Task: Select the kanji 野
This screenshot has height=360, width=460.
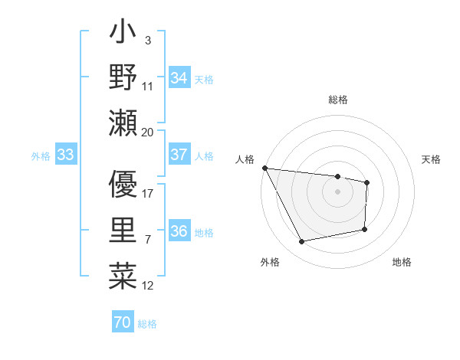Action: (x=123, y=77)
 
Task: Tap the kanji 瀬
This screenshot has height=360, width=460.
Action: (x=123, y=123)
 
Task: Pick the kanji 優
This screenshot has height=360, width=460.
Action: (x=123, y=185)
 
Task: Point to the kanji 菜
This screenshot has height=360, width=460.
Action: (x=123, y=275)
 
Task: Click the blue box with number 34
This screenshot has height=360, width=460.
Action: (x=179, y=77)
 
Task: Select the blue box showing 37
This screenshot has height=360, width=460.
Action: (x=179, y=155)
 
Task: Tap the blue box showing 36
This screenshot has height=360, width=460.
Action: (x=179, y=231)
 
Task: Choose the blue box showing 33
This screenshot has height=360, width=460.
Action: (x=65, y=155)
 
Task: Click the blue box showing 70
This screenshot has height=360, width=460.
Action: (x=122, y=322)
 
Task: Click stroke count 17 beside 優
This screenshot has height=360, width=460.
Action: (x=148, y=194)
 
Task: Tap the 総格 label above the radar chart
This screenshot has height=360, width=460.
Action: (x=337, y=100)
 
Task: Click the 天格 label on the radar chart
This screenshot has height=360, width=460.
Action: (x=431, y=159)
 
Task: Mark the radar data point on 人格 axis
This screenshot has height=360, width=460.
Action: (x=264, y=168)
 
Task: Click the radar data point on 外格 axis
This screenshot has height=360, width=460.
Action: (x=302, y=242)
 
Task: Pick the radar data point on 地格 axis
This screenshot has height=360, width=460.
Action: (x=365, y=229)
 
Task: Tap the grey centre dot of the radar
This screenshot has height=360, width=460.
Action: (x=337, y=191)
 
